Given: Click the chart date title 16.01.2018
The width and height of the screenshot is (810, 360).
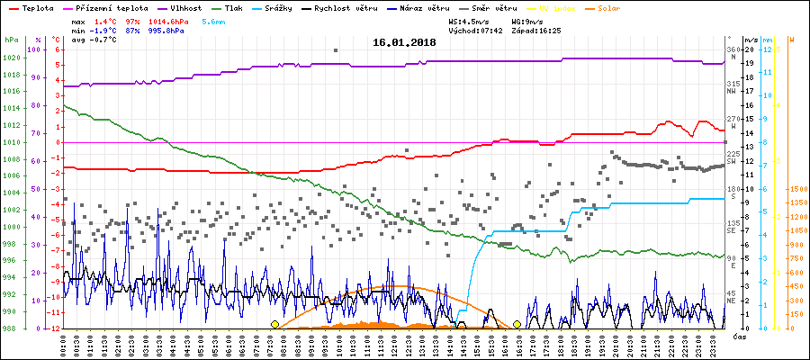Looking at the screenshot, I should click(404, 41).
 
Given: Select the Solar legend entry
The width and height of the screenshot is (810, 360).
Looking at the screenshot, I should click(621, 7).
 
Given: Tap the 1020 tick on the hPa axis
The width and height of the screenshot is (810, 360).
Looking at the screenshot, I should click(11, 58).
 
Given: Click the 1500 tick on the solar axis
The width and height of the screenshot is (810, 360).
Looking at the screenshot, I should click(797, 189).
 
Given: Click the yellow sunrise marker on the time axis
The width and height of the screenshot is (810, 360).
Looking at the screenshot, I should click(274, 324).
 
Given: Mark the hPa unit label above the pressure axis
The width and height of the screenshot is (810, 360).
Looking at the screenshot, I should click(11, 40).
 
